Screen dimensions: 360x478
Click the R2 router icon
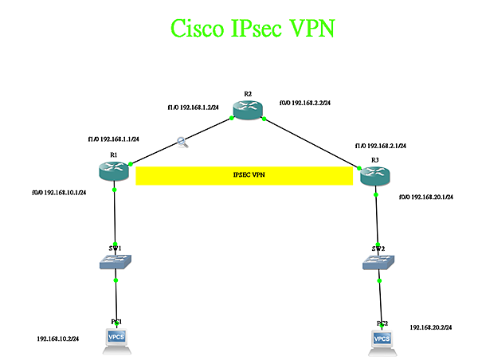pos(248,110)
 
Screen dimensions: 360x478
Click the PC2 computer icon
pos(382,339)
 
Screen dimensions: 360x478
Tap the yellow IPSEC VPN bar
pos(245,175)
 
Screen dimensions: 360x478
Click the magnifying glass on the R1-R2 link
pos(183,143)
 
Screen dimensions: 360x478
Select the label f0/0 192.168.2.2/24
pos(305,103)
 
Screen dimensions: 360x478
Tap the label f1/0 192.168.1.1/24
pos(113,139)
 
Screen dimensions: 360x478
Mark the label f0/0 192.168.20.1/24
pos(426,197)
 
